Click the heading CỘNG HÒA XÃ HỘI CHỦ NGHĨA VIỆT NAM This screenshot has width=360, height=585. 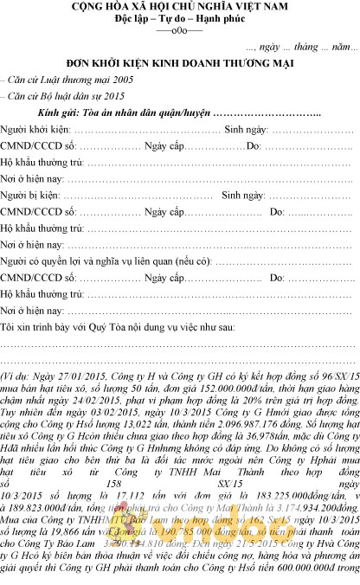[x=179, y=7]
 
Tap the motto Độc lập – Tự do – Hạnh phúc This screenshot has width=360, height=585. [x=179, y=18]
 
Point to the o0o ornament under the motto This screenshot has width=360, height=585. [x=179, y=29]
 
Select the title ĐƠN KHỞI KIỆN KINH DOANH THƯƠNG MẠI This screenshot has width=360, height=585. [x=180, y=63]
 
